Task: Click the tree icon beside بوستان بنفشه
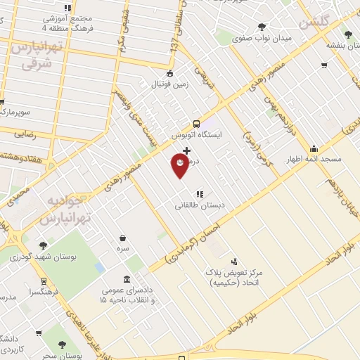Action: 347,34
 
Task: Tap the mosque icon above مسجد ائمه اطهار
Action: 313,148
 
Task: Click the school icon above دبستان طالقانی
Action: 200,193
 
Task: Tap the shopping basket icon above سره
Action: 123,238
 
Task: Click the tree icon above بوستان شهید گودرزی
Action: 43,245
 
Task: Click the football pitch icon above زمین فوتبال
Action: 169,73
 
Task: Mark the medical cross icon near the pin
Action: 186,150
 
